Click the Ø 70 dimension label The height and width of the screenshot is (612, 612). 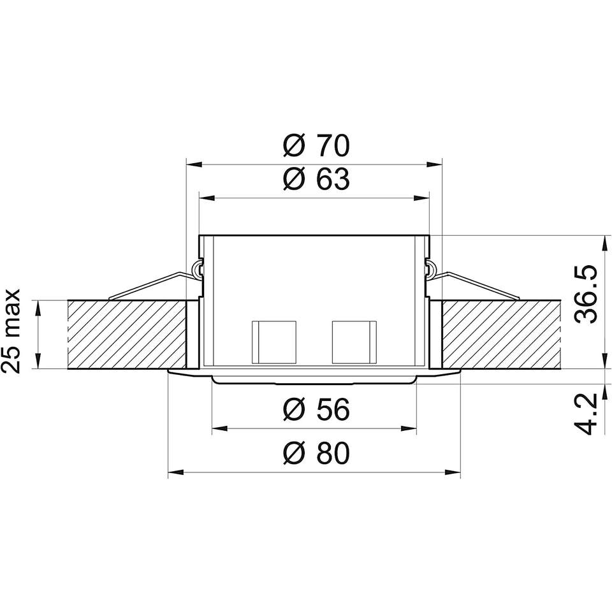(x=317, y=145)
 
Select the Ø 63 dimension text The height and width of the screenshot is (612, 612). (x=317, y=180)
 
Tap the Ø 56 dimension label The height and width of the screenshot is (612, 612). (x=317, y=410)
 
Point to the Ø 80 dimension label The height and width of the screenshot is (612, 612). (x=317, y=453)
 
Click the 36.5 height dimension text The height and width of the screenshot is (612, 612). (x=586, y=294)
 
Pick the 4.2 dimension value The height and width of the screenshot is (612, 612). (x=586, y=414)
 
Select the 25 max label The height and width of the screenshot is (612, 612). (x=11, y=331)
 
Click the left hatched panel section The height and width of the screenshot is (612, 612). (x=127, y=334)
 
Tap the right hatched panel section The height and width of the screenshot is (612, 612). (x=501, y=334)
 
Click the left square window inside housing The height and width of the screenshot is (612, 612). (x=274, y=342)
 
